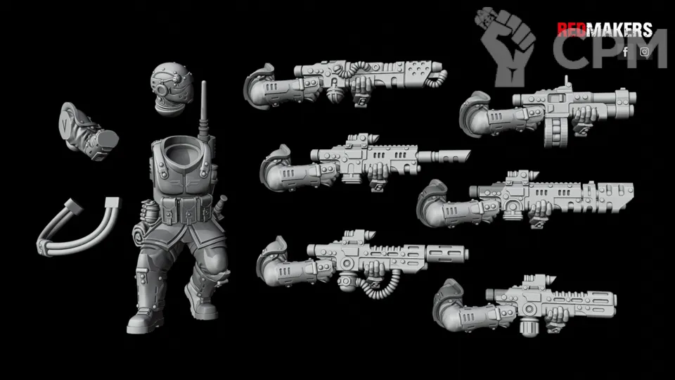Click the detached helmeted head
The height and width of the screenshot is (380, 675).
click(x=172, y=89)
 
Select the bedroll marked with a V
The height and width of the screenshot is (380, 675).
click(x=87, y=131)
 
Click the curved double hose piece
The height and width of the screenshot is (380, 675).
click(x=77, y=228)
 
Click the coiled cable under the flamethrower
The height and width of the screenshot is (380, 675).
click(x=379, y=286)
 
